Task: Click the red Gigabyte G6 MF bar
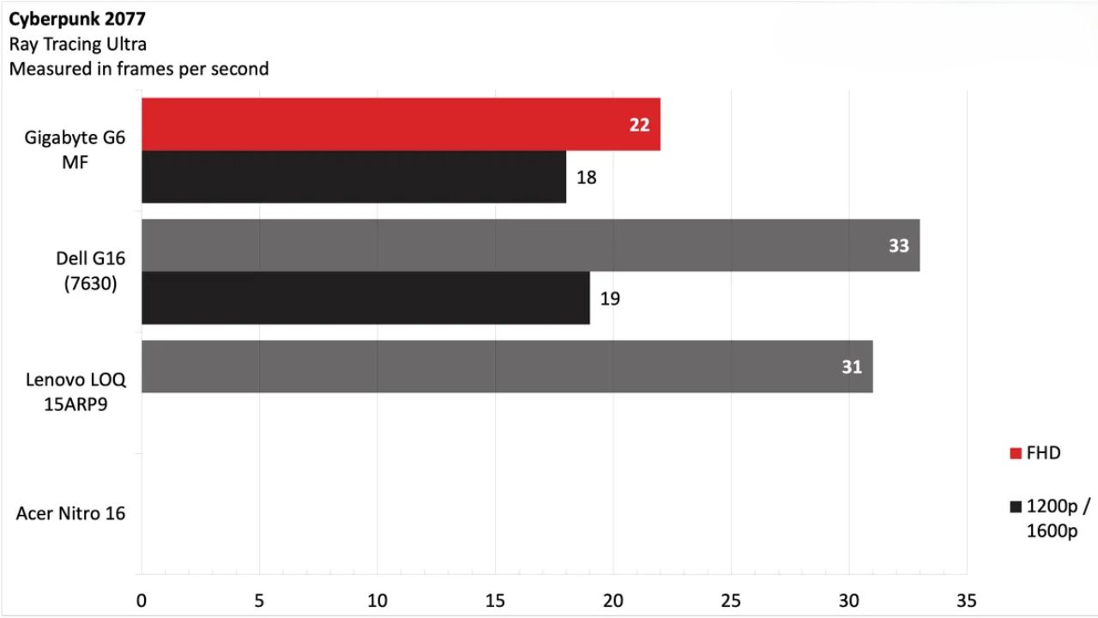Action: point(401,124)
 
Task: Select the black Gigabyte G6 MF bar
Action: point(353,178)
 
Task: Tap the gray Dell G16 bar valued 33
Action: point(530,245)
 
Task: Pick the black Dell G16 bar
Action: point(365,298)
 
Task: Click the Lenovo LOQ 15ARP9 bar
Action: point(507,367)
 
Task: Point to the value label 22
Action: point(639,125)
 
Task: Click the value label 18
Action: point(586,179)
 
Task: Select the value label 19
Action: point(610,299)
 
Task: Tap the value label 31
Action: point(851,367)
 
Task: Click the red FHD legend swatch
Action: point(1016,453)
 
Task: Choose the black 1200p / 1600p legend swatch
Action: point(1016,506)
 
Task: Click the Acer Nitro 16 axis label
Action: point(70,513)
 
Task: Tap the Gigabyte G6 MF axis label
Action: point(75,149)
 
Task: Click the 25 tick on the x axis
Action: point(730,600)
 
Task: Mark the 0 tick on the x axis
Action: point(142,600)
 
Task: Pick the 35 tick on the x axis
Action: point(966,600)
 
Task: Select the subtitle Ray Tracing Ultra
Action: point(78,45)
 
